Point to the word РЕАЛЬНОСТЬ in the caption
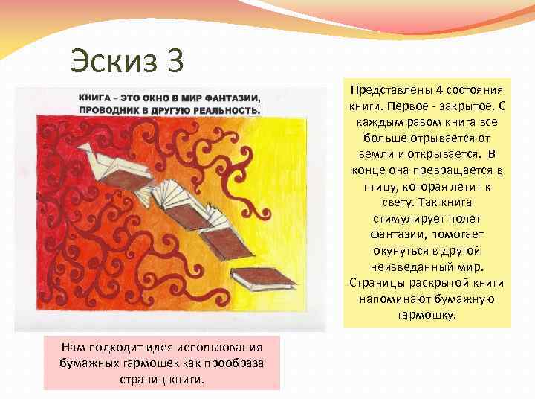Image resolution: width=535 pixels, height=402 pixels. [x=225, y=109]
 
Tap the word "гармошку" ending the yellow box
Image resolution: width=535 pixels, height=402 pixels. [x=427, y=315]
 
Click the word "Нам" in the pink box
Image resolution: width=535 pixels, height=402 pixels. [x=72, y=348]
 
